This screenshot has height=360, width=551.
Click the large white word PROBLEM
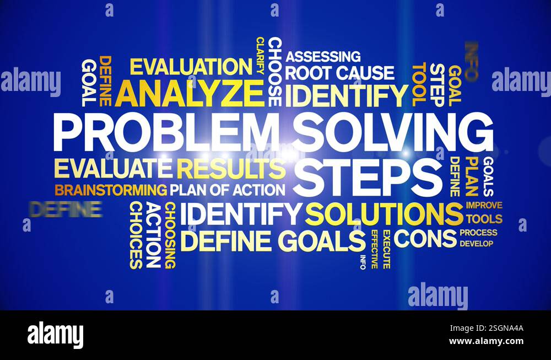[x=165, y=133]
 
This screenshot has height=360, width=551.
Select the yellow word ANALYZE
[x=190, y=93]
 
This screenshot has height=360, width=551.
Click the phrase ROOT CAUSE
[x=339, y=73]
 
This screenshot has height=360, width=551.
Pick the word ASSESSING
[x=323, y=56]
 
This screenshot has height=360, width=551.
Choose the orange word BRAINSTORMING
[x=111, y=190]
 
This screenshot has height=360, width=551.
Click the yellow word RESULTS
[x=231, y=168]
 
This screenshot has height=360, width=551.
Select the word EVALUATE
[x=114, y=168]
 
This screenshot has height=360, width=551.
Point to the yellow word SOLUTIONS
[x=384, y=214]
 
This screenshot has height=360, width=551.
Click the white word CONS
[x=425, y=238]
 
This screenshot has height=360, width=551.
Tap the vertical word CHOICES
[x=136, y=235]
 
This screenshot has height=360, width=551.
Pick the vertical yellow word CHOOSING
[x=170, y=235]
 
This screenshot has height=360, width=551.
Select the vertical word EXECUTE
[x=386, y=249]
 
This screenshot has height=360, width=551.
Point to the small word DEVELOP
[x=477, y=243]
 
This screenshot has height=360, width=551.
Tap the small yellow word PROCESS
[x=478, y=233]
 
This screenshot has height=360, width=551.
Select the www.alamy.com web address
[x=486, y=341]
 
